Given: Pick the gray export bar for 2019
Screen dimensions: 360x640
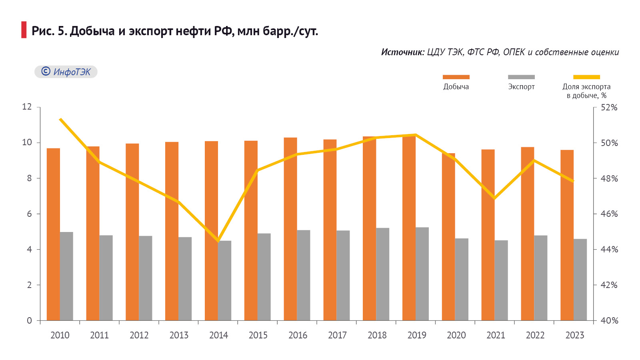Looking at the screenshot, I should click(422, 274).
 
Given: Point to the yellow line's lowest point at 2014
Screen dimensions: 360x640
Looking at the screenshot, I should click(218, 241).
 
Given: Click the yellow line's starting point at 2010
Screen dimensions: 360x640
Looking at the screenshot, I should click(60, 119).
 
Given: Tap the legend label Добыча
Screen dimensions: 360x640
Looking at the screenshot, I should click(456, 87).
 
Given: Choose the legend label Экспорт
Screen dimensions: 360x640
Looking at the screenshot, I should click(521, 87).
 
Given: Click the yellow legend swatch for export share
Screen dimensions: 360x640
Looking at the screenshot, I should click(586, 77).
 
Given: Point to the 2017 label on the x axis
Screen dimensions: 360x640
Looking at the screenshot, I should click(337, 335).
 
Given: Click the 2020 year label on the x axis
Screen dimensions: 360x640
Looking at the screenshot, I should click(456, 335).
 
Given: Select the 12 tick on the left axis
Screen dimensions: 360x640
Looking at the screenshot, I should click(27, 107).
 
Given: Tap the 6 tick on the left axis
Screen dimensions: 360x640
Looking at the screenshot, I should click(29, 214).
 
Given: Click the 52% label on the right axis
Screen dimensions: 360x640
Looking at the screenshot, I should click(609, 107).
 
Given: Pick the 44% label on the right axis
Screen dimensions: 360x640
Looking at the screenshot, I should click(609, 249).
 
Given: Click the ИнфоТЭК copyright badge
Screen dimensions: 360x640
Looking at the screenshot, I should click(66, 72).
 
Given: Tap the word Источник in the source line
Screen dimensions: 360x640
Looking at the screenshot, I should click(402, 52).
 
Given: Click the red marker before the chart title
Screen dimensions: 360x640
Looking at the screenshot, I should click(24, 30).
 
